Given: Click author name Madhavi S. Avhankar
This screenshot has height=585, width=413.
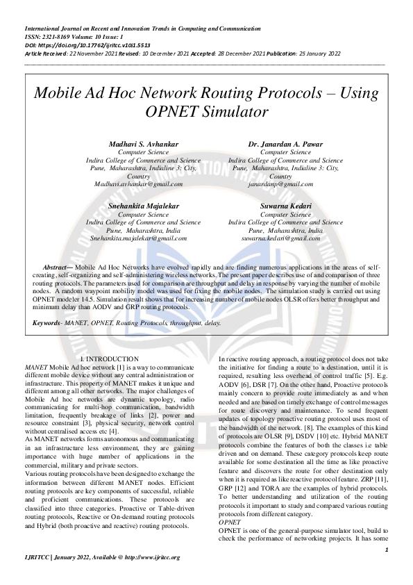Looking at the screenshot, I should [x=144, y=144].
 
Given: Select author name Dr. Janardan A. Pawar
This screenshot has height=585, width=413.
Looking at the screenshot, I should [x=285, y=144].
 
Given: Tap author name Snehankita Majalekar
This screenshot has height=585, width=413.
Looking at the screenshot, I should [x=144, y=206].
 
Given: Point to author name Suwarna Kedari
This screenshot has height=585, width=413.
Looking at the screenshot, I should [x=285, y=206].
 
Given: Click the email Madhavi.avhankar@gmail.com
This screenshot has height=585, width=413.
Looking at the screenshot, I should [x=139, y=183].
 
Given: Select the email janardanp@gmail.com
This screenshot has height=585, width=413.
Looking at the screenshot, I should [x=285, y=183].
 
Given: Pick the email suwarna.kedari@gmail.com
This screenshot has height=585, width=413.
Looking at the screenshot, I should [x=285, y=238].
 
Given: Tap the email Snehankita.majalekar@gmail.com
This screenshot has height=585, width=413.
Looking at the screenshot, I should [x=144, y=238].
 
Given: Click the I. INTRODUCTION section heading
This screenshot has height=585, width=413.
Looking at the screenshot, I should [x=110, y=359].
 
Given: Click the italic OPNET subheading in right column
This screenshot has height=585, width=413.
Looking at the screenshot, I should [x=230, y=520].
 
